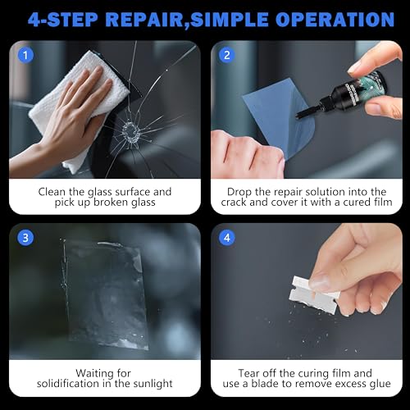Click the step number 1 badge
coord(27,57)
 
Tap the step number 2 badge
coord(225,57)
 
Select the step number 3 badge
coord(27,239)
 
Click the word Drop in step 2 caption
coord(239,192)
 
